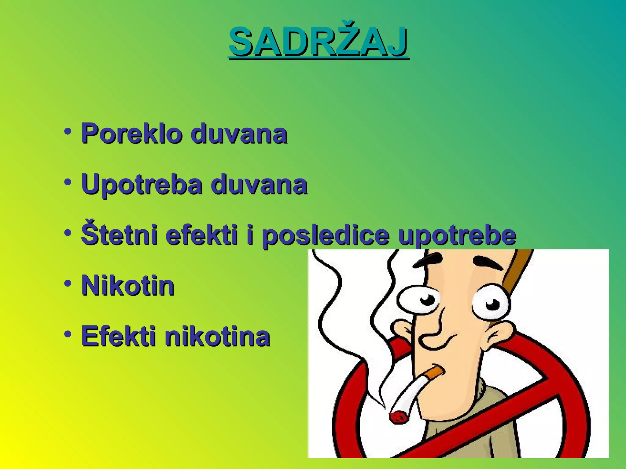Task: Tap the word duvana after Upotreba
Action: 259,184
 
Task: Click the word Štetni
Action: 120,235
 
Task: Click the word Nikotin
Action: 128,286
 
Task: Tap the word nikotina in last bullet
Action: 217,336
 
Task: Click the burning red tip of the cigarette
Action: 399,417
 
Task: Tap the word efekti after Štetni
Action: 202,235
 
